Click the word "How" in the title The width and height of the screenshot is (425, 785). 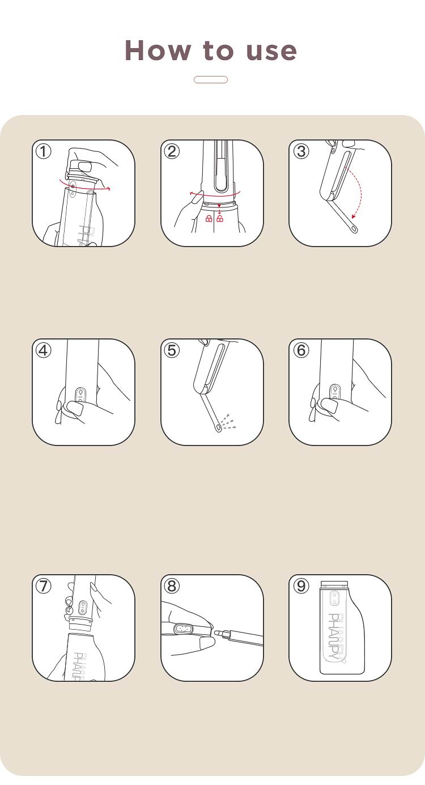(x=158, y=50)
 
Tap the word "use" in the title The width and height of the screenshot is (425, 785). (x=271, y=51)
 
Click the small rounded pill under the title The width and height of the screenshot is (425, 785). (x=211, y=79)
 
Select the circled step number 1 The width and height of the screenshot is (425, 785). (x=44, y=152)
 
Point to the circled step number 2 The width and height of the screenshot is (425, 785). (x=172, y=152)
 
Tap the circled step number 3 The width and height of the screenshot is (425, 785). (x=301, y=152)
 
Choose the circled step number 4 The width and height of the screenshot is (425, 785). (x=44, y=350)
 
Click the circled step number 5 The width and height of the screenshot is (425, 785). (x=172, y=350)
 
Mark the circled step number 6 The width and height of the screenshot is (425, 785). (x=301, y=350)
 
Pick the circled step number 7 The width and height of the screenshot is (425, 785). (x=44, y=586)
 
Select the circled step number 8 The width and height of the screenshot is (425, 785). (x=172, y=586)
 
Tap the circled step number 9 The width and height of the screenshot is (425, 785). (x=301, y=586)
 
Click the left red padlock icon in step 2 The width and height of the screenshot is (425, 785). (x=209, y=219)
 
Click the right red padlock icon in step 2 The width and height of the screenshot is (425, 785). (x=220, y=219)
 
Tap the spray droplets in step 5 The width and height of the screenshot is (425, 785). (x=228, y=421)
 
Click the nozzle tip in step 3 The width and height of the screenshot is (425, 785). (x=354, y=229)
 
